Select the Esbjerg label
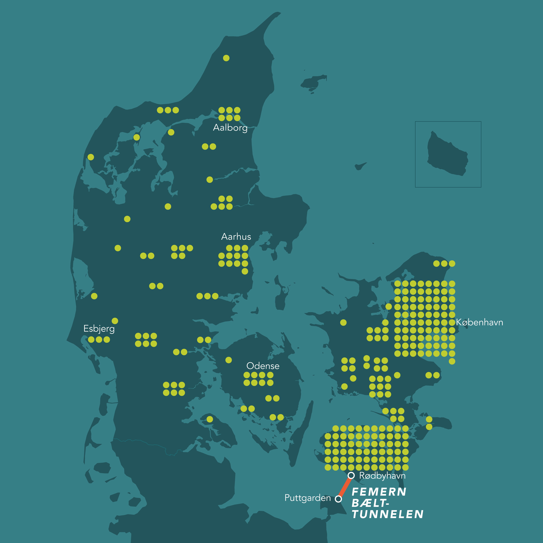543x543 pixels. [x=99, y=329]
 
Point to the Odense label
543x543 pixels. [x=263, y=366]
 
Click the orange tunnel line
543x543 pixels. [x=345, y=487]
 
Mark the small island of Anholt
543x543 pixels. [x=360, y=166]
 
